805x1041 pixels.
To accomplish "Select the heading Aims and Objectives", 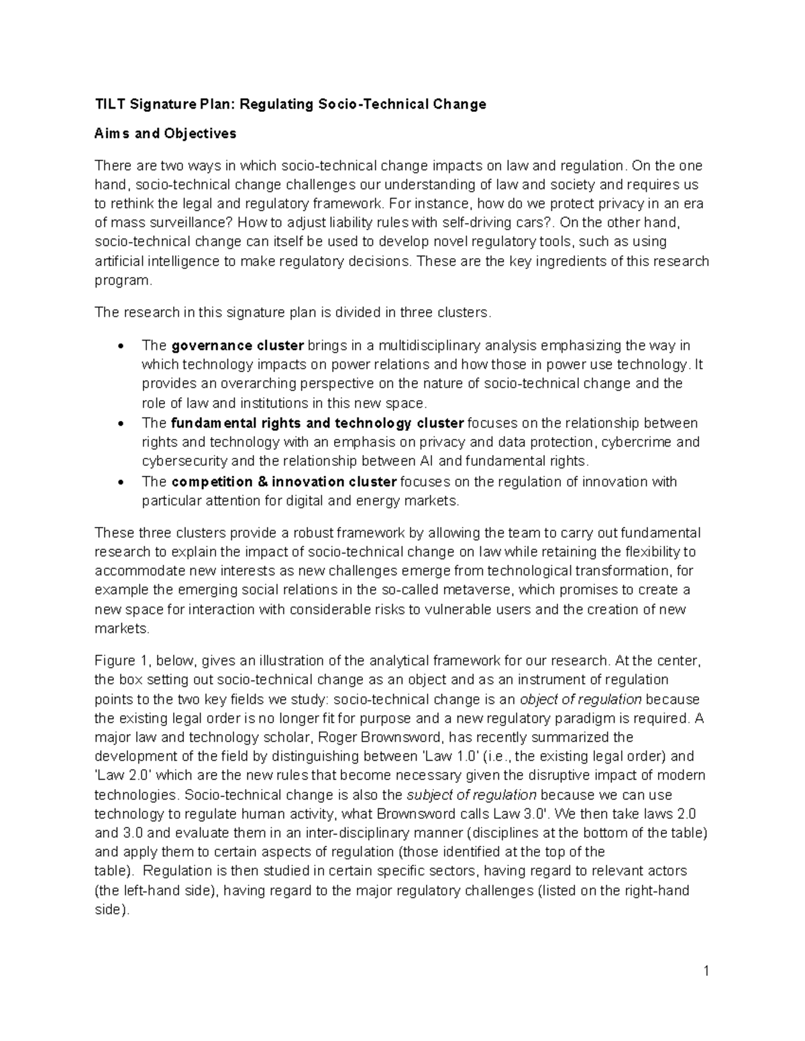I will tap(165, 133).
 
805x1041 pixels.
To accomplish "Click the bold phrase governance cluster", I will tap(237, 346).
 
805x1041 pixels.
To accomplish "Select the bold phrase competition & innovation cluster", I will tap(284, 482).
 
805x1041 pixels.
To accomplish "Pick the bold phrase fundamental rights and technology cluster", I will tap(317, 423).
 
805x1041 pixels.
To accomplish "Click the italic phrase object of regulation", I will tap(581, 699).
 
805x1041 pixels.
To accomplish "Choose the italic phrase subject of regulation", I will tap(472, 795).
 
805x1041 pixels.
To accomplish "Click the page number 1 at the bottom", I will tap(706, 971).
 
